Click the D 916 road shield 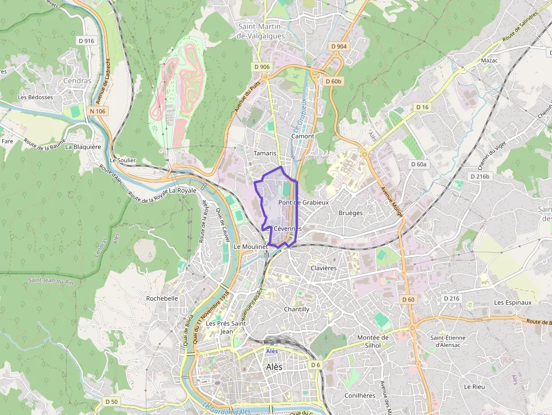86,41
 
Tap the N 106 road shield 97,111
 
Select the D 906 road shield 262,67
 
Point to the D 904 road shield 339,46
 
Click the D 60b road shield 333,81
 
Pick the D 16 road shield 422,107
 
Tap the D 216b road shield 480,176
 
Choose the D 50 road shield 112,401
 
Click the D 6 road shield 315,365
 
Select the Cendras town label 77,81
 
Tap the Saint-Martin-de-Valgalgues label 261,31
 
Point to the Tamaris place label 265,153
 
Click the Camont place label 302,136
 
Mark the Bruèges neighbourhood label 350,213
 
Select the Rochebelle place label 162,298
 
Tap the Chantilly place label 296,309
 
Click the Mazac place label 489,60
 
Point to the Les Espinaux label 513,302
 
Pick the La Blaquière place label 83,147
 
